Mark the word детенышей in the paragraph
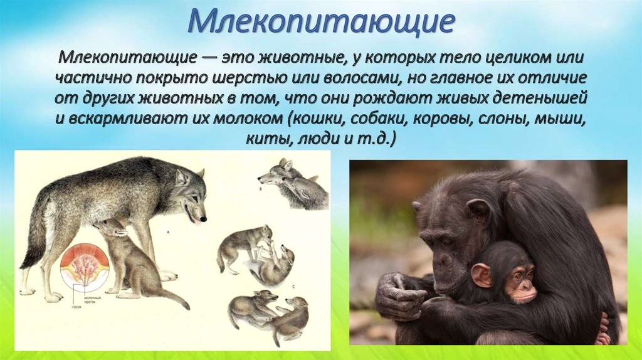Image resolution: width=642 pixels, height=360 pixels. click(x=542, y=100)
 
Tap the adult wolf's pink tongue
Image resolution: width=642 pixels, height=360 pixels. click(x=196, y=220)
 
